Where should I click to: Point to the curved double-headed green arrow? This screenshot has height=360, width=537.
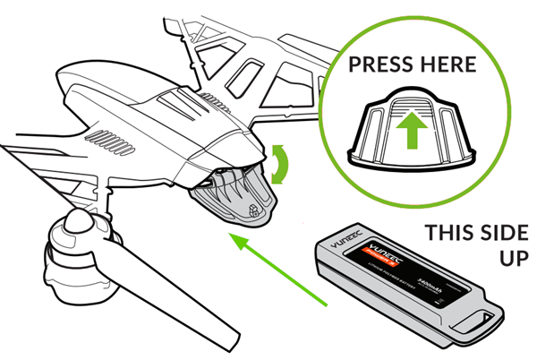pos(284,167)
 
